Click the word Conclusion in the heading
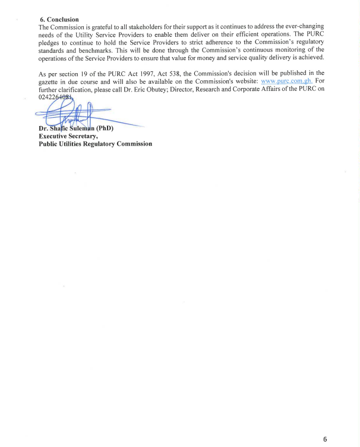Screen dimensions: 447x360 [62, 19]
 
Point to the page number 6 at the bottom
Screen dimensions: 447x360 [325, 439]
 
